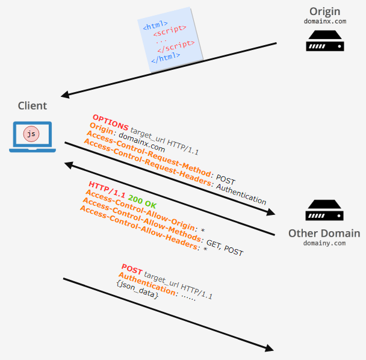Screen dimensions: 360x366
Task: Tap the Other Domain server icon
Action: pyautogui.click(x=325, y=211)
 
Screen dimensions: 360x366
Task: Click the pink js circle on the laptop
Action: pyautogui.click(x=31, y=134)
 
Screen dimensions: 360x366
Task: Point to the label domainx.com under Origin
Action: pyautogui.click(x=325, y=22)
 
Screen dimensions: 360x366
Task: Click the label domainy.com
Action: pyautogui.click(x=324, y=244)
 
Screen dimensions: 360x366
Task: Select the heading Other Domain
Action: pyautogui.click(x=324, y=234)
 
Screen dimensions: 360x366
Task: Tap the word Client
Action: pyautogui.click(x=33, y=106)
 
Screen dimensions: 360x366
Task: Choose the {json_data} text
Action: pyautogui.click(x=137, y=290)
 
